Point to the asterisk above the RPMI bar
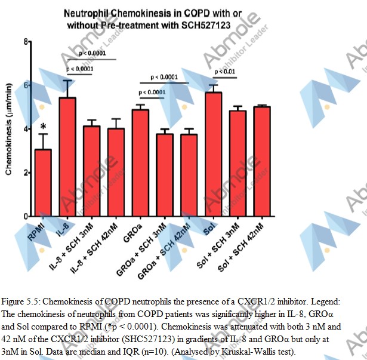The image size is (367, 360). click(43, 127)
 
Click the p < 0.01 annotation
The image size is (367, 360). click(225, 72)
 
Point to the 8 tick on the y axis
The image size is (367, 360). click(26, 41)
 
